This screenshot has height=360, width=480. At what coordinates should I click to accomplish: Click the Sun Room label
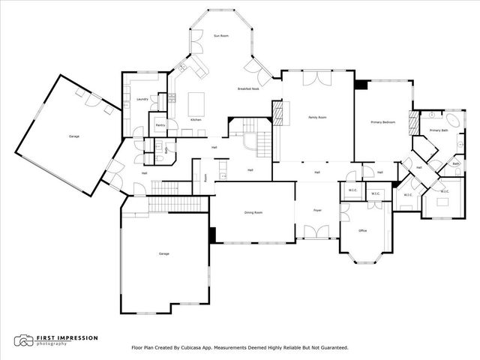(x=220, y=35)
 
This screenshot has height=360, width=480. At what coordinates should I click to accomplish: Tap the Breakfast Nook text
(x=248, y=89)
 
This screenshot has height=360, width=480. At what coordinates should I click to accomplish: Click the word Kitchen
(x=196, y=120)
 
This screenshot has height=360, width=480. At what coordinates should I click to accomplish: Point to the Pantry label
(x=160, y=124)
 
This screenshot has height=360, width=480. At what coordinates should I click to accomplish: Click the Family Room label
(x=317, y=118)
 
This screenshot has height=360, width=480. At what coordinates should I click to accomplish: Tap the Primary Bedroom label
(x=382, y=121)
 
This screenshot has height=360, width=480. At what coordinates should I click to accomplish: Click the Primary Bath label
(x=438, y=130)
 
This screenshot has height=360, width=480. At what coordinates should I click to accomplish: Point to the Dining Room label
(x=253, y=212)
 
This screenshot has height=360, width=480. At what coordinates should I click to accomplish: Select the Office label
(x=362, y=230)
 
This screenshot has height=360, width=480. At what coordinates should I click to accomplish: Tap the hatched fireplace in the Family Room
(x=277, y=114)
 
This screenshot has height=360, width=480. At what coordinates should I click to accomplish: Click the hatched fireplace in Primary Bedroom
(x=411, y=121)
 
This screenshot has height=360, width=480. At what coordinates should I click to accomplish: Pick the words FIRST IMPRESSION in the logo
(x=67, y=337)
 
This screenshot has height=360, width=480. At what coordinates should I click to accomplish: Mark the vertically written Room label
(x=205, y=178)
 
